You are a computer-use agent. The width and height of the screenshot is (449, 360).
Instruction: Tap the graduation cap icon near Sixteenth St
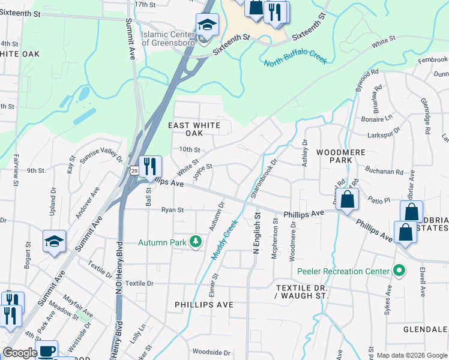click(207, 25)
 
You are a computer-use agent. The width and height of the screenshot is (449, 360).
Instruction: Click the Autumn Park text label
click(162, 242)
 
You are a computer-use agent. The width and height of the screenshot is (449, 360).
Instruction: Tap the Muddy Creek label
click(225, 239)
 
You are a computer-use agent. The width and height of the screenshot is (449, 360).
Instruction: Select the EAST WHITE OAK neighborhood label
click(194, 129)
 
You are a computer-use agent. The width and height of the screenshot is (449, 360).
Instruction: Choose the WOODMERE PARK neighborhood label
click(340, 157)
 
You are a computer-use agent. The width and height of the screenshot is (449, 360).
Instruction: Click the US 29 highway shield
click(133, 172)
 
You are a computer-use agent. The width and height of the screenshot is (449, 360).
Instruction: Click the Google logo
click(19, 353)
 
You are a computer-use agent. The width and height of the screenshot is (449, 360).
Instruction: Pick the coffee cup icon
click(47, 350)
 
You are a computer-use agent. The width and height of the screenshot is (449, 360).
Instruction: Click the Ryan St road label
click(172, 210)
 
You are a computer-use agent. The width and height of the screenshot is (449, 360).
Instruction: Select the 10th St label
click(188, 149)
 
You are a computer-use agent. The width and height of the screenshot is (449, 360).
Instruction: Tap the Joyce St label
click(203, 171)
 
